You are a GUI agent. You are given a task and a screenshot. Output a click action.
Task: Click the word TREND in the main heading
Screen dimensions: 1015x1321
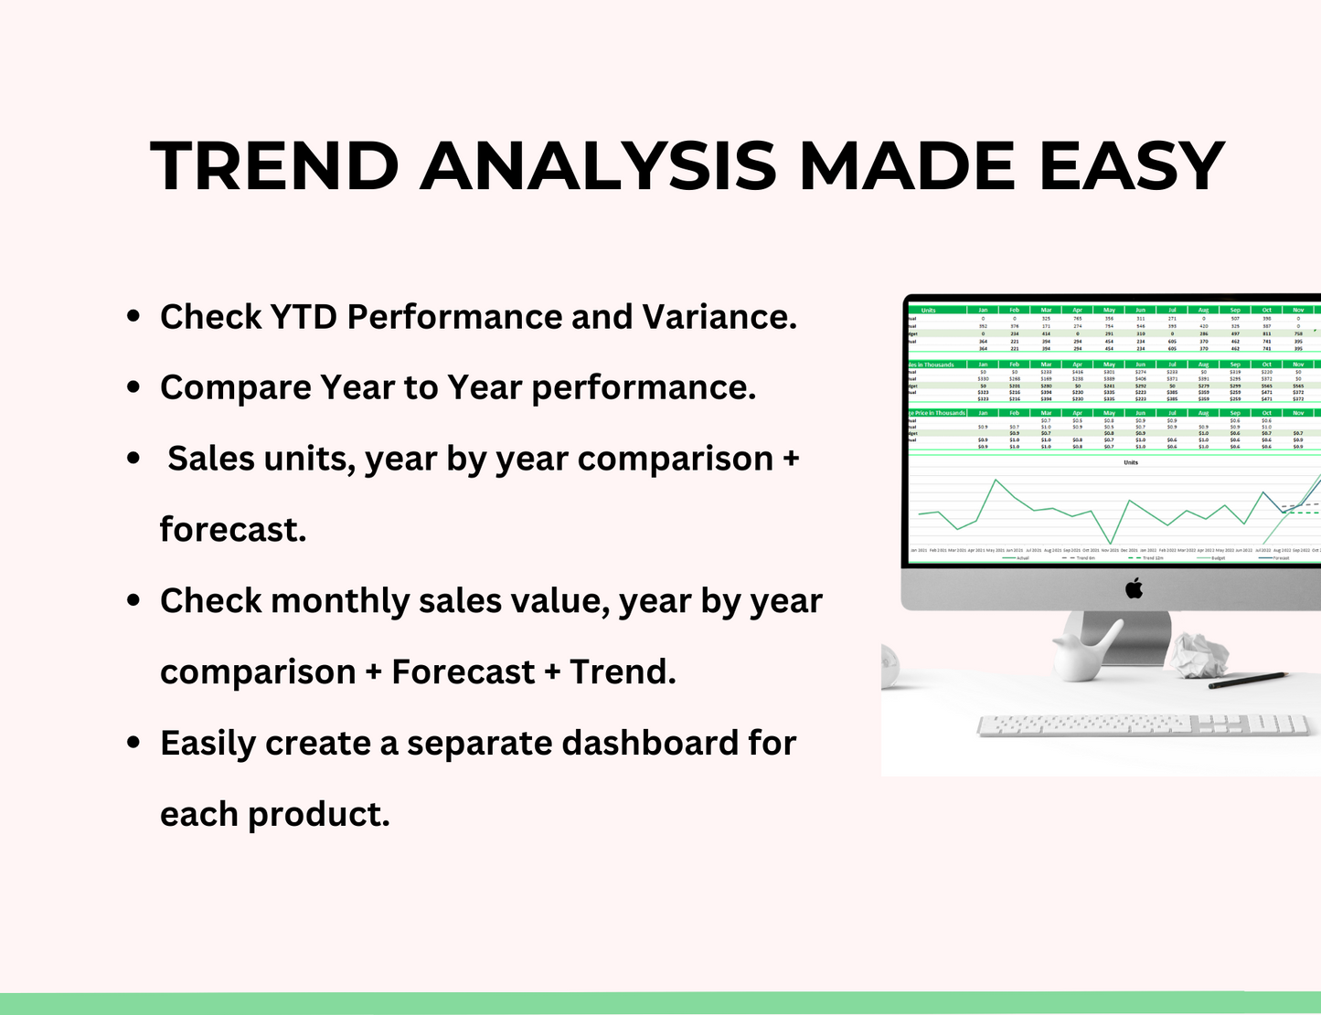pos(274,166)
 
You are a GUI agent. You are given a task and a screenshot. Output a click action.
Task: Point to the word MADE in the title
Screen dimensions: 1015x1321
pos(906,166)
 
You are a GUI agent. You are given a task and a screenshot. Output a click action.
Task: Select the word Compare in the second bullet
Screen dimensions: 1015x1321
pos(235,387)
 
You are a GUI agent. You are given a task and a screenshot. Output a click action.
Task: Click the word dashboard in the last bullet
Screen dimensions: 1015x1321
pos(650,743)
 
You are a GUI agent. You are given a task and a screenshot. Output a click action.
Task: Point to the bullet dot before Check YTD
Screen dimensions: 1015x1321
pos(133,317)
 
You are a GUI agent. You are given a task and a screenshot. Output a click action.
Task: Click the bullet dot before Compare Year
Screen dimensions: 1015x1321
pos(133,387)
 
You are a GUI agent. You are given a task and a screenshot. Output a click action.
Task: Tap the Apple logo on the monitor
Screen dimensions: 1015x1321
pos(1134,588)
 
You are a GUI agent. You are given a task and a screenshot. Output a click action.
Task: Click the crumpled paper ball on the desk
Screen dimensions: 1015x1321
pos(1199,654)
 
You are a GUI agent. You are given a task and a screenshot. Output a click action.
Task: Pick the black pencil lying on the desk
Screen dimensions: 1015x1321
pos(1247,679)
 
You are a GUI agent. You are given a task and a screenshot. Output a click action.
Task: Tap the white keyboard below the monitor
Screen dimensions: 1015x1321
pos(1143,725)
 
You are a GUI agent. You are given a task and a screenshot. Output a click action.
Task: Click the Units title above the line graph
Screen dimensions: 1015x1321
pos(1130,462)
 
